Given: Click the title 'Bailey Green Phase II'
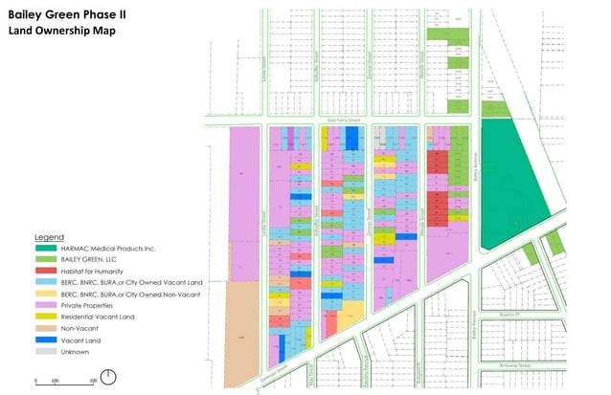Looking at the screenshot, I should pos(66,15).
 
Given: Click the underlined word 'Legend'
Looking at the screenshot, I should pos(49,236).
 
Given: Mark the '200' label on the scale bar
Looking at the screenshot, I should pos(93,381).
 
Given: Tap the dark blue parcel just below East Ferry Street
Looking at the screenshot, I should pos(352,141).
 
